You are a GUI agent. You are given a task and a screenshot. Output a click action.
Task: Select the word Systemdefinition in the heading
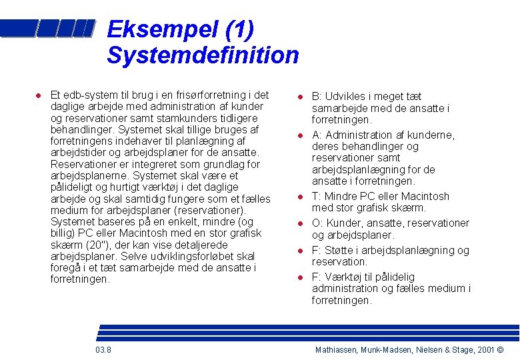(203, 55)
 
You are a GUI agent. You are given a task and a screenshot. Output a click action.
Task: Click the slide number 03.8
(103, 351)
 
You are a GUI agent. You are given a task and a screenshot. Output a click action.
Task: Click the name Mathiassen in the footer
(337, 351)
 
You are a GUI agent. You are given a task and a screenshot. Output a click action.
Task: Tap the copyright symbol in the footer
(501, 351)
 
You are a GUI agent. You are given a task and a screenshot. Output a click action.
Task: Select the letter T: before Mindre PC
(317, 197)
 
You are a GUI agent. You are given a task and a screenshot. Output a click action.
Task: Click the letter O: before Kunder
(317, 223)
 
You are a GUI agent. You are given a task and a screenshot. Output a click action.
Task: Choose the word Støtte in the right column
(340, 251)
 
